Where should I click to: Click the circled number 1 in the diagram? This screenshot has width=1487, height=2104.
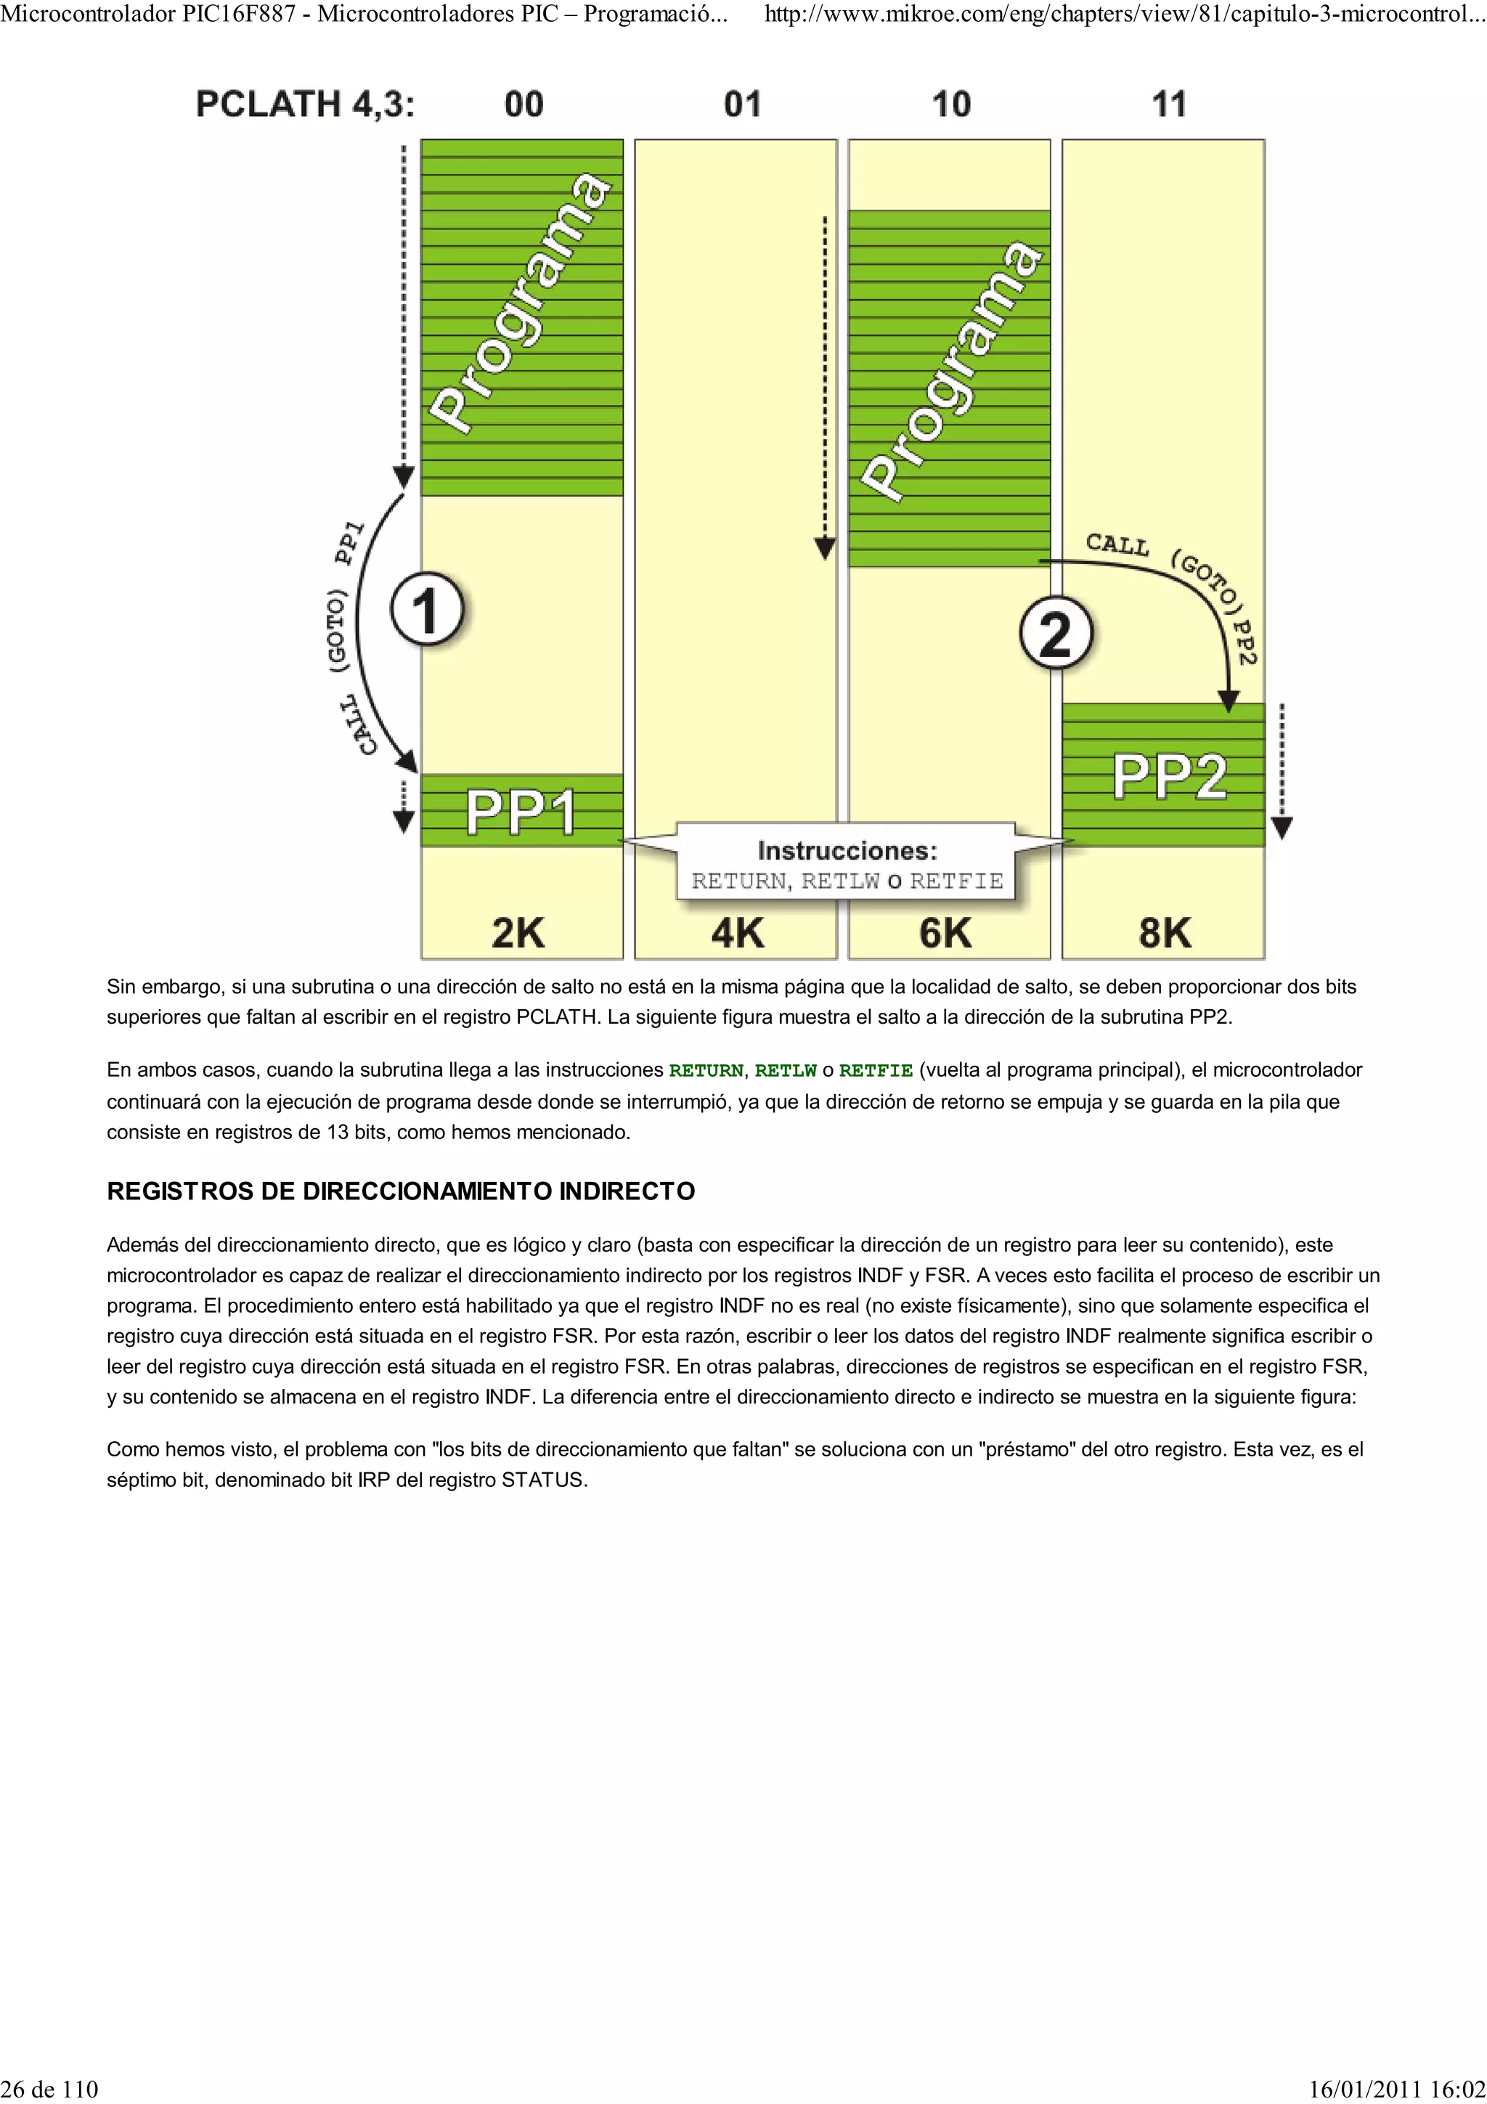click(427, 609)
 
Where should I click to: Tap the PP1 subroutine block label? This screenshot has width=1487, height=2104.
click(521, 812)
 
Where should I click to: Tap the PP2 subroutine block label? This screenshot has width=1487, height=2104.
click(1169, 776)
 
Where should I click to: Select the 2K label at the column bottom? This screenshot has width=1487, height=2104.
click(518, 933)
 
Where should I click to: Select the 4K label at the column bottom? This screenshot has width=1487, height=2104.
click(738, 933)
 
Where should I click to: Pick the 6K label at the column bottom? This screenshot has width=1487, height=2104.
click(945, 933)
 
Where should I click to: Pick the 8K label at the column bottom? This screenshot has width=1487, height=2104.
click(1165, 933)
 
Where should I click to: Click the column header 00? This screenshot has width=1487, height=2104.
click(524, 105)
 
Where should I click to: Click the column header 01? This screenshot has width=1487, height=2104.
click(742, 105)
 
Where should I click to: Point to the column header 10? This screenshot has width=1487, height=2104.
click(951, 105)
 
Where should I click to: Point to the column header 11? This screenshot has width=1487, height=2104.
click(1169, 105)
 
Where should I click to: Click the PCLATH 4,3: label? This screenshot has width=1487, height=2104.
click(305, 105)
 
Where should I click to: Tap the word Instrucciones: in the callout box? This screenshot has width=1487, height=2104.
click(847, 852)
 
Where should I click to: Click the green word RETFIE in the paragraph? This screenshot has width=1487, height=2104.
click(876, 1070)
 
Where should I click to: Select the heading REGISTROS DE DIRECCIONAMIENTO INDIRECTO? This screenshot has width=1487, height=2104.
click(400, 1191)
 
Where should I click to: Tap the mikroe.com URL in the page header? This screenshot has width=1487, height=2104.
click(1124, 15)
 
